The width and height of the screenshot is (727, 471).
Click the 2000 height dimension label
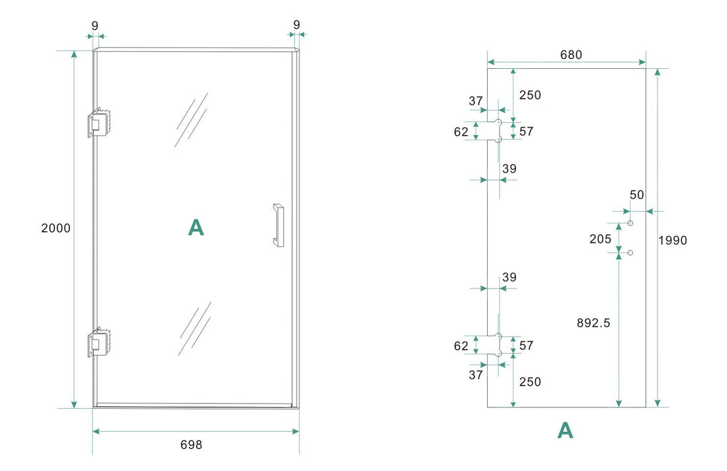pos(56,228)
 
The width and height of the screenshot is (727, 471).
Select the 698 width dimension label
pos(191,445)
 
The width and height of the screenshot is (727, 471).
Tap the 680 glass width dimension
pos(570,55)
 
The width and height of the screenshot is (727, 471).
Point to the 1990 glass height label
pos(673,240)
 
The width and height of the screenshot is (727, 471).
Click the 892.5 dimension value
pos(593,323)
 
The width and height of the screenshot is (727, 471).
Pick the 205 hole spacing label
pos(600,239)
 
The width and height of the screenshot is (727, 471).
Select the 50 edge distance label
pos(636,194)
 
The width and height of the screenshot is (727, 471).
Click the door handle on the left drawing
pos(278,225)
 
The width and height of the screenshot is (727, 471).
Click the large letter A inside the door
pos(196,228)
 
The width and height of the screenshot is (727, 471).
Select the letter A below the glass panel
pos(565,431)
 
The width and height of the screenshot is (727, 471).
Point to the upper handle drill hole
pos(631,224)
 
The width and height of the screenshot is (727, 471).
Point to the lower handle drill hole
pos(631,253)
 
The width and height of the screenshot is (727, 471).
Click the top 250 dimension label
pos(529,95)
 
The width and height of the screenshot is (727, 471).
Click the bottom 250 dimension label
pos(529,382)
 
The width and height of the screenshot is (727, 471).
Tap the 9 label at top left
pos(95,25)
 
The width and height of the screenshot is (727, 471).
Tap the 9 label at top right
pos(296,25)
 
